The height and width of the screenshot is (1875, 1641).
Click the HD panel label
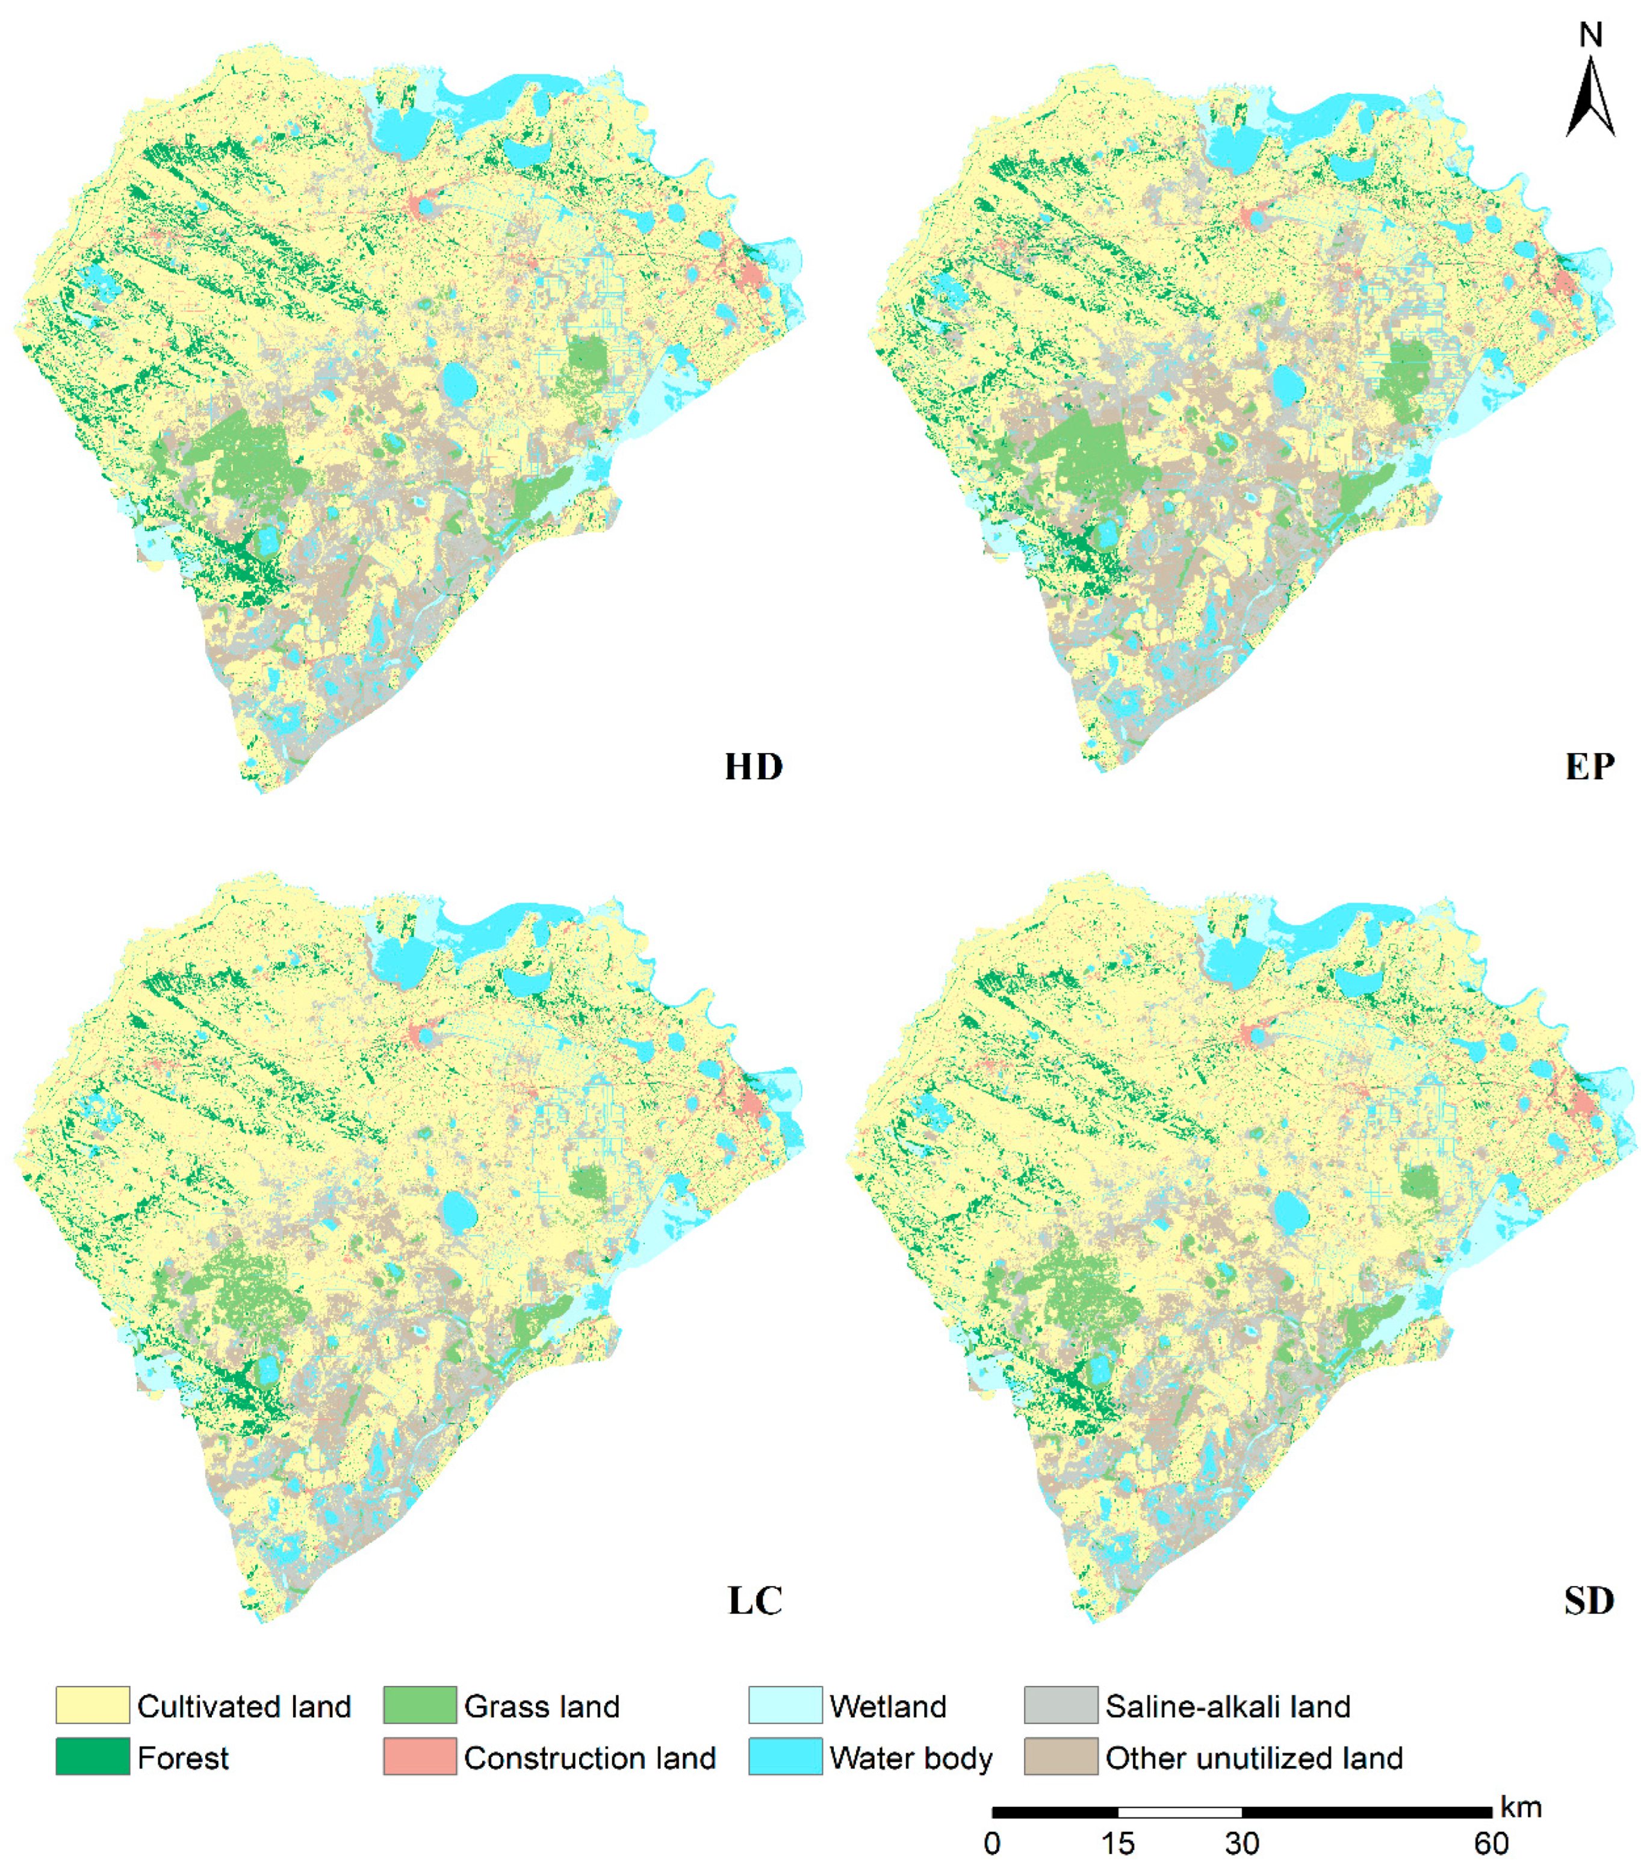(754, 766)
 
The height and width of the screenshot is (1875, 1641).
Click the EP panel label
(1590, 766)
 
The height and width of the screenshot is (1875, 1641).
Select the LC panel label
(754, 1600)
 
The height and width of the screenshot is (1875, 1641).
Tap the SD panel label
(1589, 1600)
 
